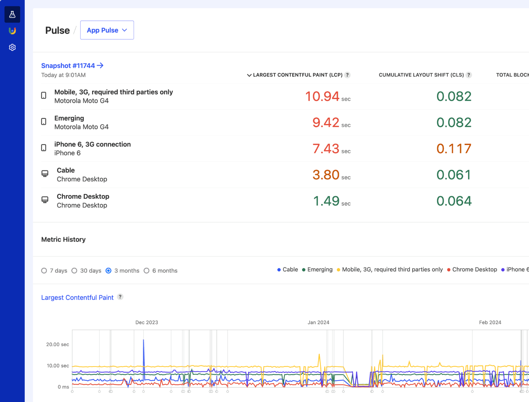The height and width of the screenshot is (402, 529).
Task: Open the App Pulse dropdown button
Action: pos(107,30)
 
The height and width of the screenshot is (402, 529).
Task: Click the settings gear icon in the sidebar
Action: pos(12,47)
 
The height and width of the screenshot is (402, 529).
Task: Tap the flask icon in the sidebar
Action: pos(12,14)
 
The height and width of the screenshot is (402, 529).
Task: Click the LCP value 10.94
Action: pos(322,96)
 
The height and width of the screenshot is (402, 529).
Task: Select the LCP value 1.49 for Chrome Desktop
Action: pos(326,201)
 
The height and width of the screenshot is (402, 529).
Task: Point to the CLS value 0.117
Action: pos(454,149)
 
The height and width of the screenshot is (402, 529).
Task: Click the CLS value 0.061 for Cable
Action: pos(454,175)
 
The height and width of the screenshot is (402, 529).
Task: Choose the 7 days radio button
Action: pos(44,271)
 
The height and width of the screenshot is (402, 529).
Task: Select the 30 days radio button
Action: pos(74,271)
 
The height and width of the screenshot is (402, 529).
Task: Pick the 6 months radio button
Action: pos(147,271)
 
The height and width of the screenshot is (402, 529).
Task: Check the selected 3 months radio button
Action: pos(108,271)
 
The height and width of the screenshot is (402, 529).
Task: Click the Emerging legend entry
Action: pos(317,270)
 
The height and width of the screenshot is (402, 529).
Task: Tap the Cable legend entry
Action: pos(288,270)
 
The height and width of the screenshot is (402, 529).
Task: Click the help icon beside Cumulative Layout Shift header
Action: pos(469,75)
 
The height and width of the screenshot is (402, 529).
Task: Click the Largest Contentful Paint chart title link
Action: pos(77,297)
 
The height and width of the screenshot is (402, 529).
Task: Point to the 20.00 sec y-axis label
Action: pos(58,344)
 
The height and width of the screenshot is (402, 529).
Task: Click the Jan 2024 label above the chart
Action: pos(318,322)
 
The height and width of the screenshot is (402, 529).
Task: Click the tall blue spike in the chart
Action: pos(144,348)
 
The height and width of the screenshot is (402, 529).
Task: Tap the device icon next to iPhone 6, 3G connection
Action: pos(44,148)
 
